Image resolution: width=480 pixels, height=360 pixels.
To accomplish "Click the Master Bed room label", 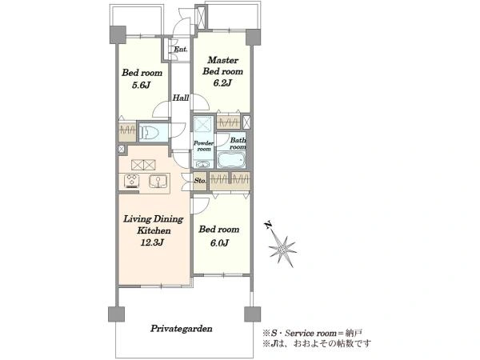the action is pyautogui.click(x=222, y=66).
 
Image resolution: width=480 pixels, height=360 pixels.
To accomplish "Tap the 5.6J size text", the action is pyautogui.click(x=141, y=85).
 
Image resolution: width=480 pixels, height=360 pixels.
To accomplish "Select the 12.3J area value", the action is pyautogui.click(x=152, y=242).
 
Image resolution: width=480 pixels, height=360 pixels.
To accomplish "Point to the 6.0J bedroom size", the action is pyautogui.click(x=219, y=243).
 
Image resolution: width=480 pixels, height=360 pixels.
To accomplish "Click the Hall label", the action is pyautogui.click(x=181, y=98).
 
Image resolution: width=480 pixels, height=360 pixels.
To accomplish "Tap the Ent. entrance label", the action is pyautogui.click(x=181, y=50).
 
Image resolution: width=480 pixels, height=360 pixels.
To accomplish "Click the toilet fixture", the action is pyautogui.click(x=149, y=133).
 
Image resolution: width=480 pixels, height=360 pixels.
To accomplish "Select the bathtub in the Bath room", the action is pyautogui.click(x=231, y=160).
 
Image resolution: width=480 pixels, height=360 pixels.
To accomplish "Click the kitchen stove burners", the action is pyautogui.click(x=132, y=181).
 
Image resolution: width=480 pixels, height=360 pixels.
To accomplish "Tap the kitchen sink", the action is pyautogui.click(x=158, y=181).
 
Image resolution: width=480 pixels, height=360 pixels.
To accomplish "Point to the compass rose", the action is pyautogui.click(x=282, y=249).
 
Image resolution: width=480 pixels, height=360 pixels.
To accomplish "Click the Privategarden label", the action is pyautogui.click(x=182, y=329).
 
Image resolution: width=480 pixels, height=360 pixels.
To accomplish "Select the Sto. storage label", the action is pyautogui.click(x=200, y=181).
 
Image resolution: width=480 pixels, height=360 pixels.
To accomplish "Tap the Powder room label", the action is pyautogui.click(x=203, y=146).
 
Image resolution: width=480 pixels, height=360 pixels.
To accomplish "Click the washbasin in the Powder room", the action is pyautogui.click(x=202, y=164).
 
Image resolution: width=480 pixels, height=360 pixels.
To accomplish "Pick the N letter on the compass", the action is pyautogui.click(x=268, y=226).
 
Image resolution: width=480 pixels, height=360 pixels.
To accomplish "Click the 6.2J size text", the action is pyautogui.click(x=222, y=82).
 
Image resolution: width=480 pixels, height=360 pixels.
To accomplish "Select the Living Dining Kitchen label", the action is pyautogui.click(x=154, y=225).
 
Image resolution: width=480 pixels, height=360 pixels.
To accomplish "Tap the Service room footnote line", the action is pyautogui.click(x=313, y=333).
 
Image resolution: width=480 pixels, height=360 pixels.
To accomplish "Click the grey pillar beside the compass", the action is pyautogui.click(x=253, y=314).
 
